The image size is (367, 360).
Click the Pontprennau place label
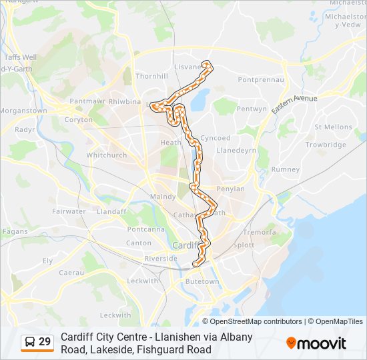click(262, 79)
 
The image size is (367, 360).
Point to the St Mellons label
click(333, 127)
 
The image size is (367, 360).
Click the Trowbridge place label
click(326, 145)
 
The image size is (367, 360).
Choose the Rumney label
click(286, 169)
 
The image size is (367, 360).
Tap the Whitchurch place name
click(106, 155)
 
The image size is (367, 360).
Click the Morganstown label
click(23, 111)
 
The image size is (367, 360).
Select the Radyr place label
click(24, 129)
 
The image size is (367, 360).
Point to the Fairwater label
click(69, 211)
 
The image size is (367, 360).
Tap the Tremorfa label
click(259, 233)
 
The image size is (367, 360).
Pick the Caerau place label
click(71, 273)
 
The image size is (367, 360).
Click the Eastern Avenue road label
click(294, 107)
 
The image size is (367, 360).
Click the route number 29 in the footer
click(45, 342)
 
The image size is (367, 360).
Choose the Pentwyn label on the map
click(252, 109)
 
